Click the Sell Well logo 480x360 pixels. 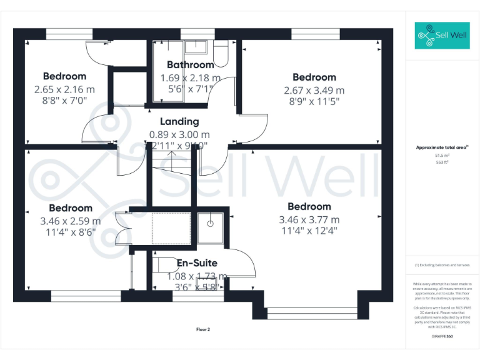pos(442,36)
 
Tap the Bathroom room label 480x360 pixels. pos(190,64)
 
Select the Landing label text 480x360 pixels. pos(179,121)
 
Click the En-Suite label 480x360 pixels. pos(197,263)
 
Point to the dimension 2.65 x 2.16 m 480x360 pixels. pos(64,89)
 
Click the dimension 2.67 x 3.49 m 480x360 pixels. pos(314,90)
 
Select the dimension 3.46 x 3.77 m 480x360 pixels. pos(309,219)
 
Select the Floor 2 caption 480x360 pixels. pos(203,329)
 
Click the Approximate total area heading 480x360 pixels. pos(442,147)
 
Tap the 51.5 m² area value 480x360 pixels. pos(442,155)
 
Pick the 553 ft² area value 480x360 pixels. pos(442,161)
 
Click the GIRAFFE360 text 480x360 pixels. pos(442,337)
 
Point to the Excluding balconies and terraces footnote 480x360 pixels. pos(442,265)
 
